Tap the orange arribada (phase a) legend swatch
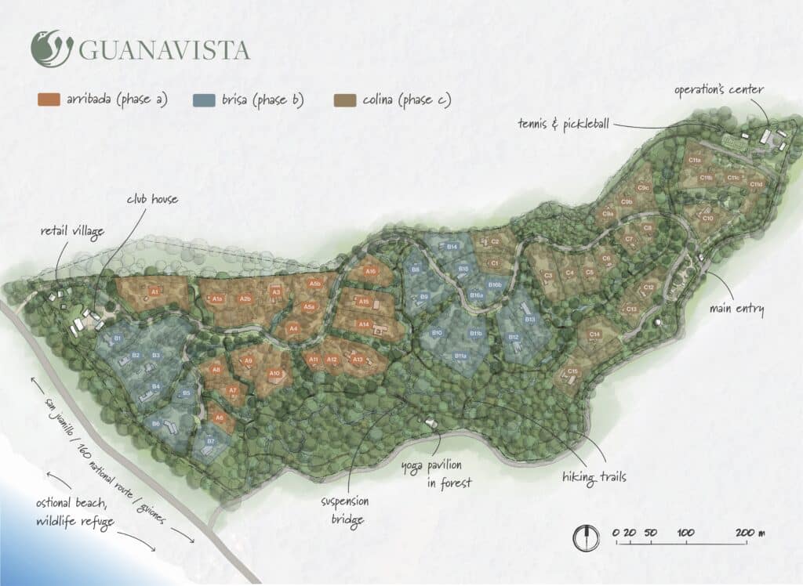[x=49, y=99]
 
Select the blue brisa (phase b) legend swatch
[x=204, y=99]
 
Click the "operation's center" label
[x=718, y=90]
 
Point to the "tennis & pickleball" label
[x=564, y=123]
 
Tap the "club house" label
[x=152, y=199]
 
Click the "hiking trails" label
[x=594, y=476]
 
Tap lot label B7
[x=210, y=442]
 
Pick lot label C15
[x=573, y=371]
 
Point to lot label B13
[x=529, y=320]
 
